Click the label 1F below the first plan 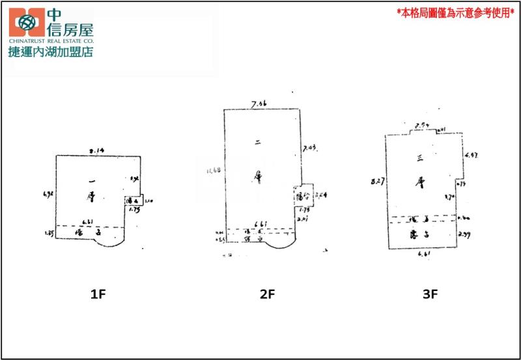98,294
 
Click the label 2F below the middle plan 268,294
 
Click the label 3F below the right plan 430,294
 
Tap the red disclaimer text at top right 455,12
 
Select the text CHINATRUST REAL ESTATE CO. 51,40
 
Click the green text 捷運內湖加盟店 51,51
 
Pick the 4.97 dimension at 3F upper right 471,155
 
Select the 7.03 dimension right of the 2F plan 310,150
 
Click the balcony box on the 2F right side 303,195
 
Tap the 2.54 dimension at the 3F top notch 423,125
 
